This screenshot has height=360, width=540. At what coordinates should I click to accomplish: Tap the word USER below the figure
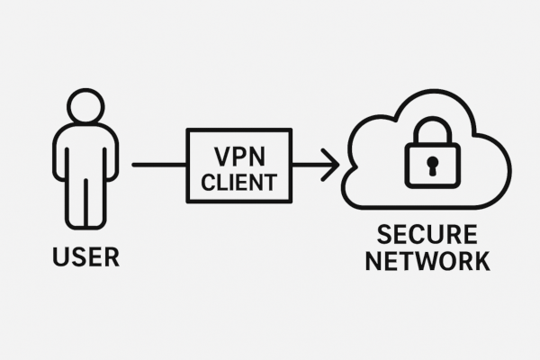tap(85, 257)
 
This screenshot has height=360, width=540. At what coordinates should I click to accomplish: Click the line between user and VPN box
tap(158, 165)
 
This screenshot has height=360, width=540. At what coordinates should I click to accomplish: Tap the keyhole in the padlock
tap(432, 165)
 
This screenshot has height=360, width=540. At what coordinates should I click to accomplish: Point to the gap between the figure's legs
tap(85, 202)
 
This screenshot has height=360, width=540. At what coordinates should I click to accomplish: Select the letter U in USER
tap(59, 257)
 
